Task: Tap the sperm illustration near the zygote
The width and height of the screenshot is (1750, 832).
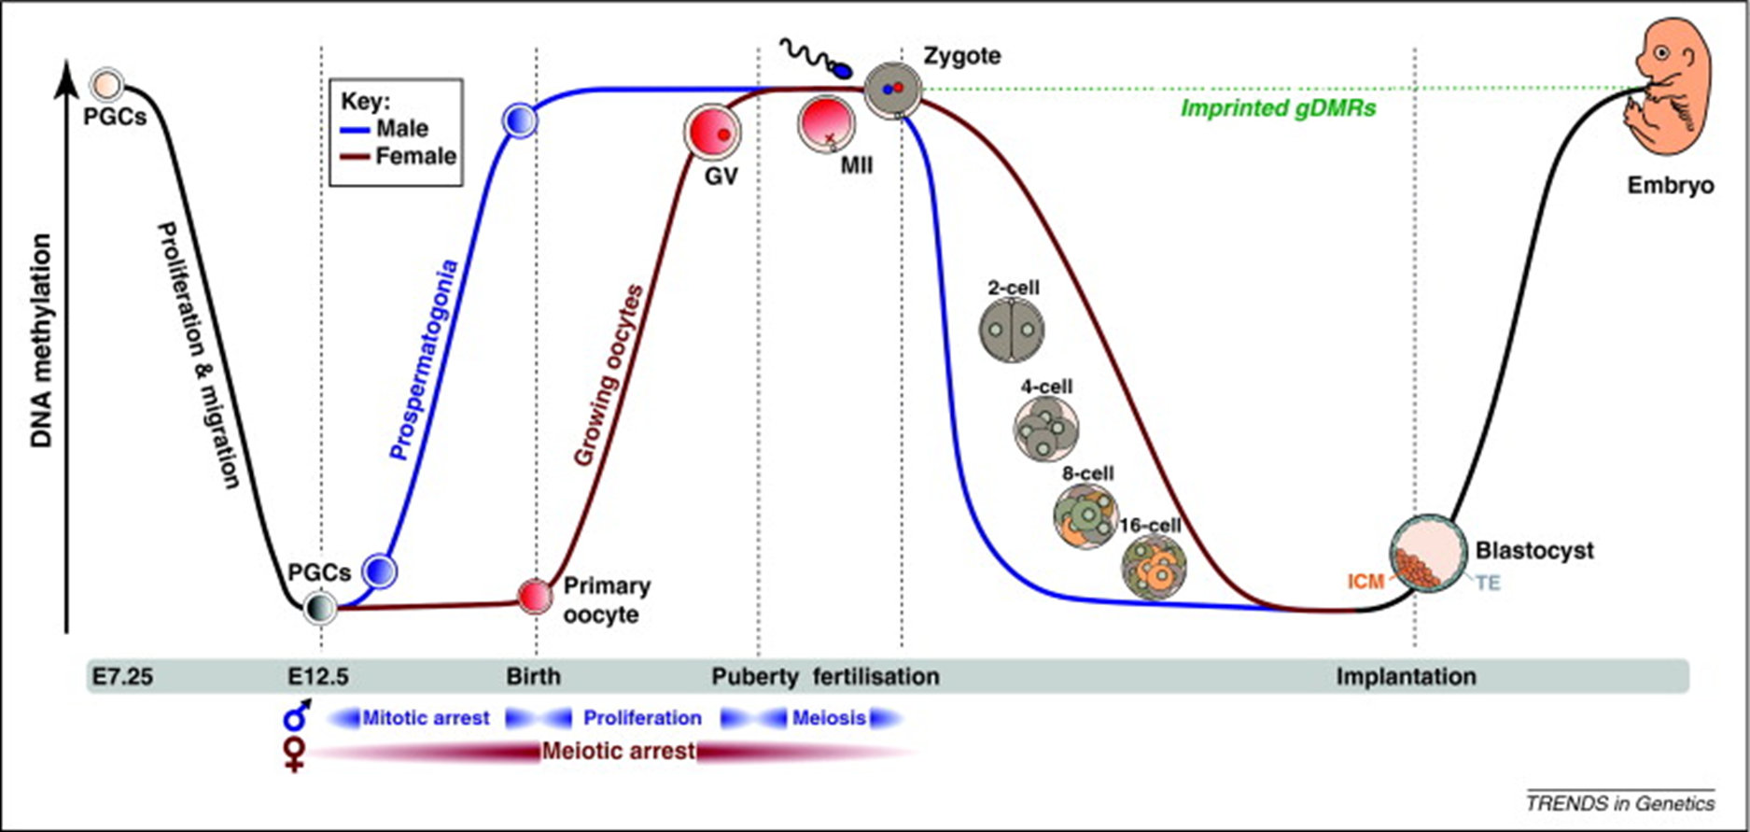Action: tap(816, 59)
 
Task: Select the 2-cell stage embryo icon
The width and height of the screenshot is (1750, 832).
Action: tap(1012, 330)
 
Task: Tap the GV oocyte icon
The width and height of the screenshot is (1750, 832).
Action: tap(712, 132)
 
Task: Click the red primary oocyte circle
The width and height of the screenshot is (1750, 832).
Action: tap(535, 595)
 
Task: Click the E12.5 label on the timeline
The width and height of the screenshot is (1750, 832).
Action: tap(319, 676)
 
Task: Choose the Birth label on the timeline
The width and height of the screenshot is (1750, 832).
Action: tap(534, 676)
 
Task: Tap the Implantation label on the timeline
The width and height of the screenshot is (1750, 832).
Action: tap(1406, 676)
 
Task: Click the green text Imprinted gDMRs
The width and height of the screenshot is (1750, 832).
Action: tap(1278, 108)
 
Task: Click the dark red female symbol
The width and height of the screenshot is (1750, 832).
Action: tap(296, 754)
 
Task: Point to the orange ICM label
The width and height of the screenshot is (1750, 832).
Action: tap(1365, 582)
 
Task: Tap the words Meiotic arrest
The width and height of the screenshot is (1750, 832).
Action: tap(618, 751)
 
